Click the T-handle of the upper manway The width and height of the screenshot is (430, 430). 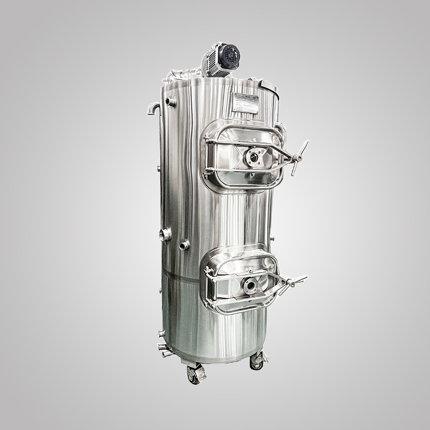click(299, 158)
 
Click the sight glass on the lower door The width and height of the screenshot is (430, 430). click(250, 285)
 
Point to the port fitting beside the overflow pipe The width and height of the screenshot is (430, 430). click(171, 101)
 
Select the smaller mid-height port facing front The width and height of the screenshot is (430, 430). click(184, 246)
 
